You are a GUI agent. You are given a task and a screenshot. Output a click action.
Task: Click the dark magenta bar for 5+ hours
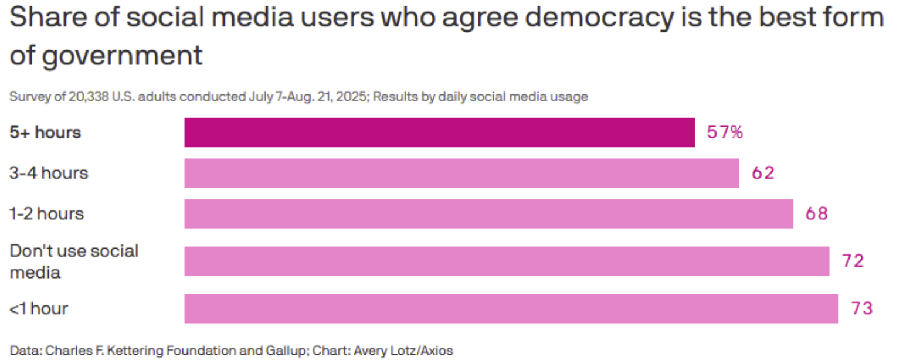click(439, 133)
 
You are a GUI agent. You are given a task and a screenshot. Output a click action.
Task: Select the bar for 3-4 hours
click(461, 174)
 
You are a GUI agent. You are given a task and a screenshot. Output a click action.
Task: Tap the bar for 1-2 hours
click(488, 214)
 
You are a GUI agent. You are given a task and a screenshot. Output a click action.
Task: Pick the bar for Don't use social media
click(507, 261)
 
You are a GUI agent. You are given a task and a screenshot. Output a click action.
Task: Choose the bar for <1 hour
click(511, 308)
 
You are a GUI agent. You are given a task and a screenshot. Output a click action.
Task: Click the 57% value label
click(725, 133)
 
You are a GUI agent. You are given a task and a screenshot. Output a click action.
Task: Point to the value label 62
click(762, 174)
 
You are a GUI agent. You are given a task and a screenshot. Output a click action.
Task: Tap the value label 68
click(816, 214)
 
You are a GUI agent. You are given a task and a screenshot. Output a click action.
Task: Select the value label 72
click(853, 261)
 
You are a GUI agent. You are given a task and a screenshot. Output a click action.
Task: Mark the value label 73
click(862, 308)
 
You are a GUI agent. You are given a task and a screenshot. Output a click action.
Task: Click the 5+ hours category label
click(45, 133)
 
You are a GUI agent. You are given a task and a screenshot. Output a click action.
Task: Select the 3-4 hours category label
click(49, 174)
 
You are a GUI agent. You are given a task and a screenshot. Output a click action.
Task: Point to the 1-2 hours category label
click(46, 214)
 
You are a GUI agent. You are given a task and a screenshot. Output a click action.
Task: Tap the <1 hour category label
click(39, 308)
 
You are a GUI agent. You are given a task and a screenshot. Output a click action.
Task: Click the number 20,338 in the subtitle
click(87, 97)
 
